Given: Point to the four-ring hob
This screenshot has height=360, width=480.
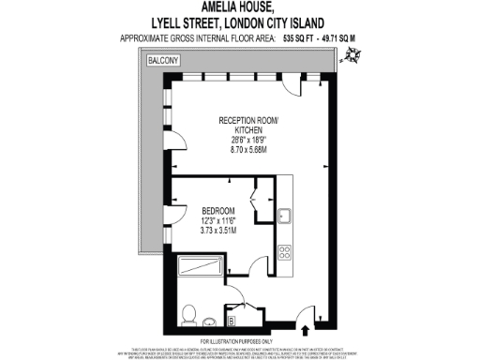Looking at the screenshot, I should [x=284, y=250].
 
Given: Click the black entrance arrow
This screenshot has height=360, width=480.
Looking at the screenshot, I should [x=310, y=328].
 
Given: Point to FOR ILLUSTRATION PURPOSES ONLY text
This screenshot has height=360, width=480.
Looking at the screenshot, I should [x=240, y=340].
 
